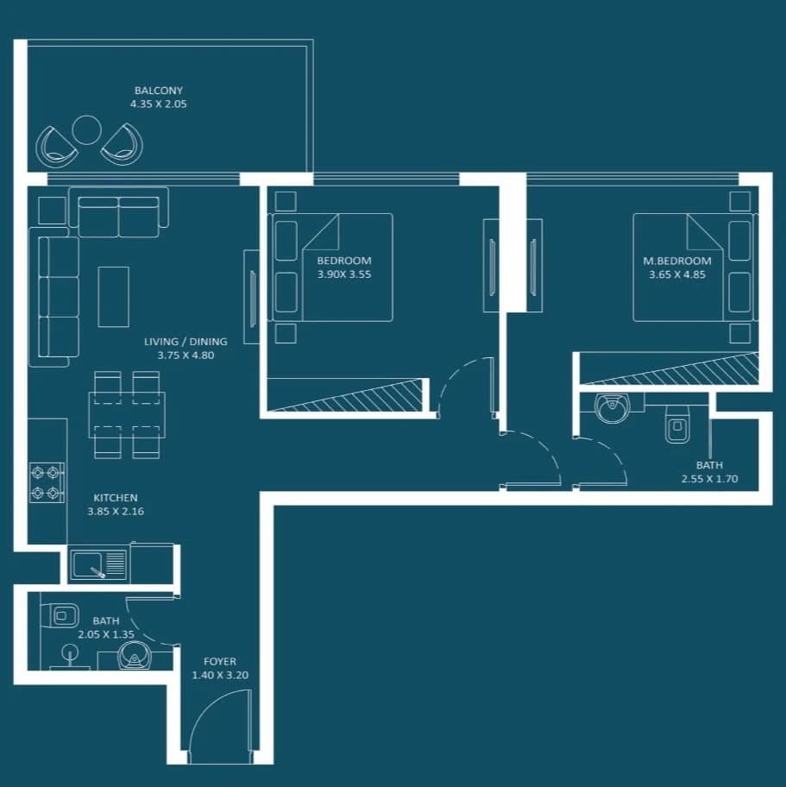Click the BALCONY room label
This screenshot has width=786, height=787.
coord(159,91)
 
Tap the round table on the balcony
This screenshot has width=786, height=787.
coord(87,130)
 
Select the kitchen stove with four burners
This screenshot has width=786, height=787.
coord(47,482)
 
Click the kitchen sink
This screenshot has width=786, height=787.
coord(98,564)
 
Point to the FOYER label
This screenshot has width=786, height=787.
coord(220,661)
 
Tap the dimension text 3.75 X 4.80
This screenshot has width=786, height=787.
coord(185,356)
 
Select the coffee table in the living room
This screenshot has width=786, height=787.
coord(113,297)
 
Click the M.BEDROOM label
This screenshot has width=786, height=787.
coord(677,261)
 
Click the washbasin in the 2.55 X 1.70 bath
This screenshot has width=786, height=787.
coord(612,408)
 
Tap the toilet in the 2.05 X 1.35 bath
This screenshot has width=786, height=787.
coord(60,616)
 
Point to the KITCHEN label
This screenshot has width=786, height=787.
coord(116,497)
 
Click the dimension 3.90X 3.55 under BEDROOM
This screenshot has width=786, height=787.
coord(344,274)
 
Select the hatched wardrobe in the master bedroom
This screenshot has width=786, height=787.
coord(669,369)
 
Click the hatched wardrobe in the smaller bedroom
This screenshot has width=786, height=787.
coord(344,394)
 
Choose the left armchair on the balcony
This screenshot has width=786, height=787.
coord(56,147)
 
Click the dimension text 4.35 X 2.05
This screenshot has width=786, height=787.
coord(159,104)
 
